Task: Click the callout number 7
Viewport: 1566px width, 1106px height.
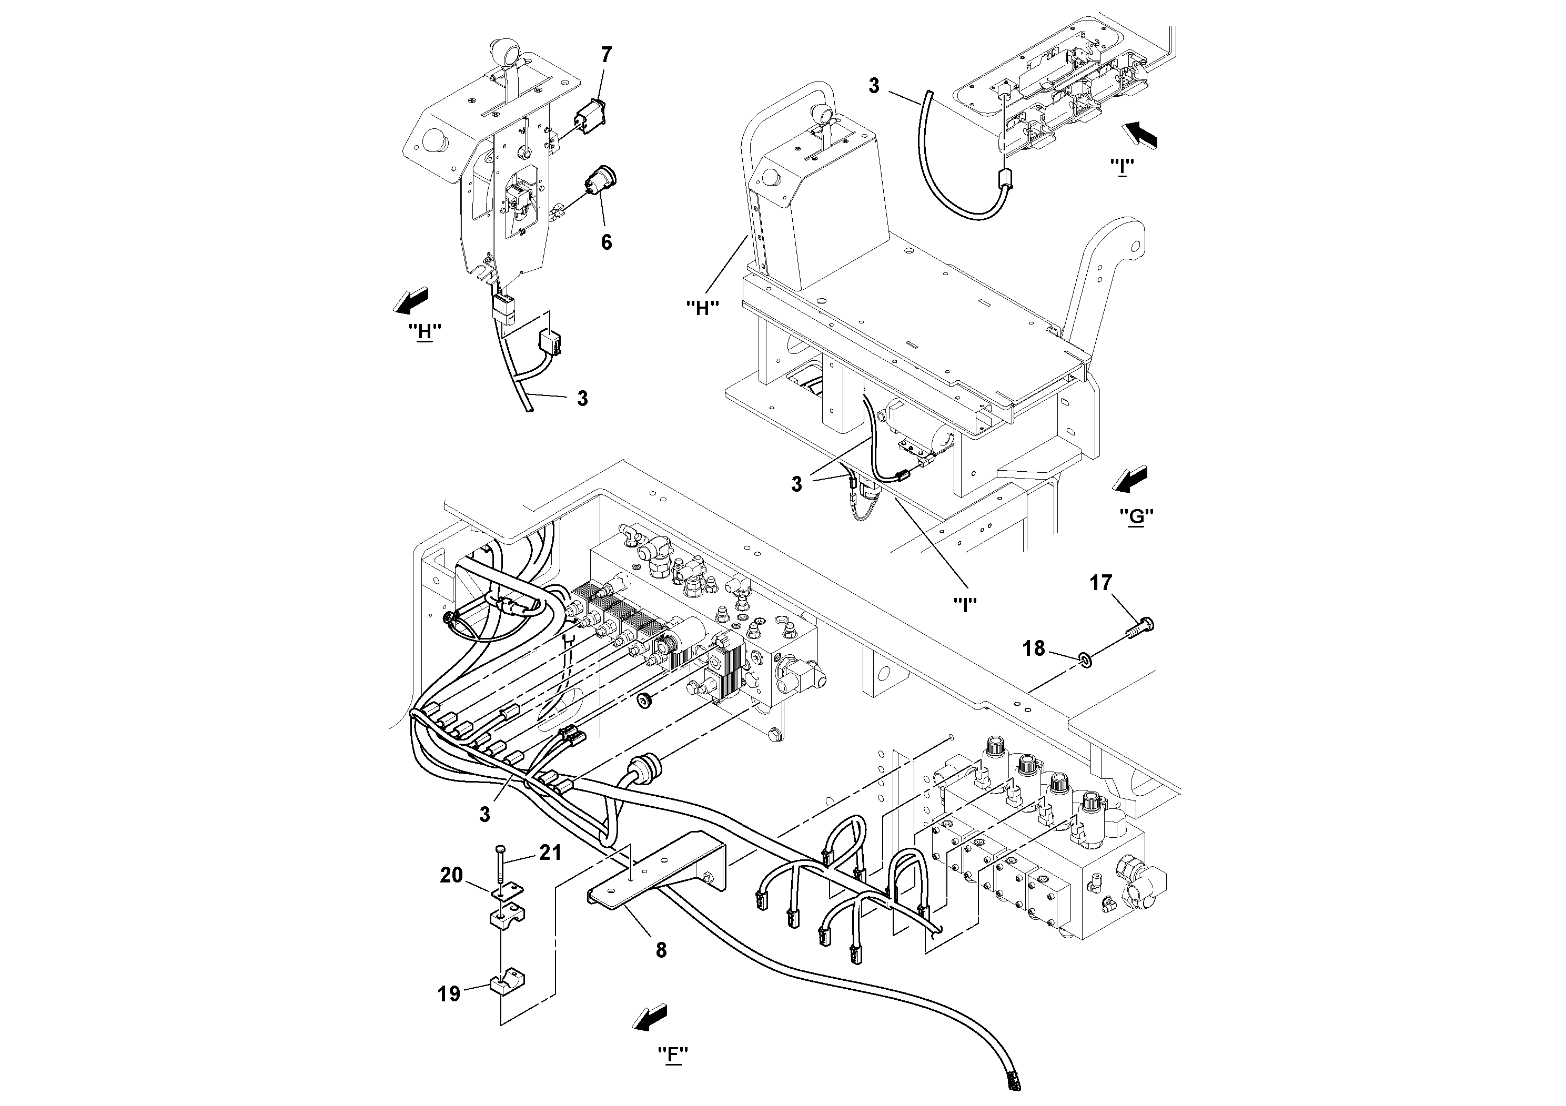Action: point(605,55)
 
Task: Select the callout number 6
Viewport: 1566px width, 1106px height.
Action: point(605,242)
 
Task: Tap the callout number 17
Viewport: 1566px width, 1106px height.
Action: point(1100,583)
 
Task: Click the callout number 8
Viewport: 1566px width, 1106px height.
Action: point(660,950)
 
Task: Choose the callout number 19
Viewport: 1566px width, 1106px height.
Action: point(449,994)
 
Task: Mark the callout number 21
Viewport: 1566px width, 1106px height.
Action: point(550,853)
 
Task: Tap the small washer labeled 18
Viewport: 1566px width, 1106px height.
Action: point(1085,659)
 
